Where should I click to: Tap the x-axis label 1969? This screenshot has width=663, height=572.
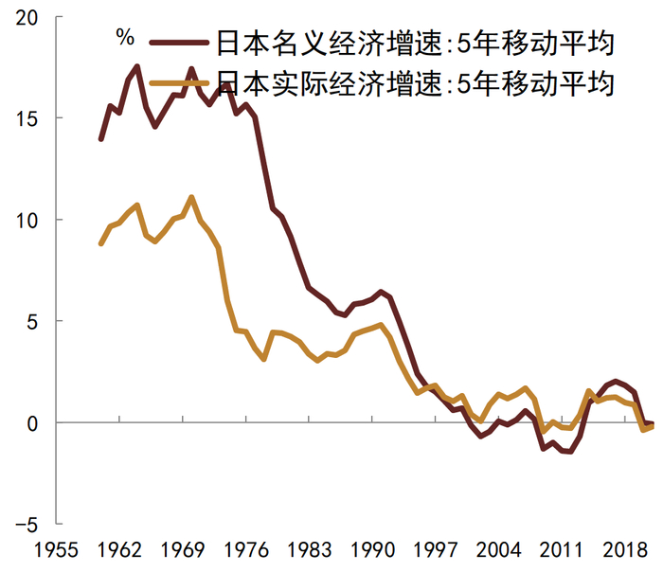click(x=183, y=550)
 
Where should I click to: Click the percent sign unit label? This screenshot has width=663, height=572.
click(x=125, y=38)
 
